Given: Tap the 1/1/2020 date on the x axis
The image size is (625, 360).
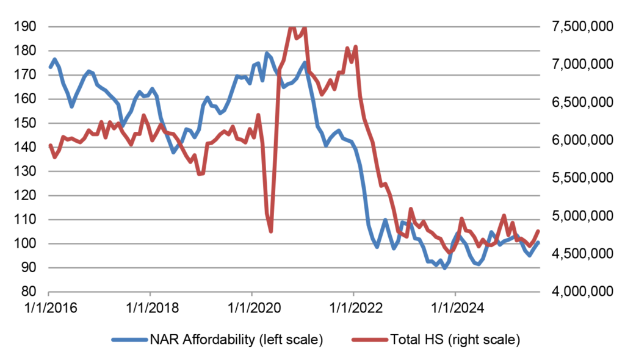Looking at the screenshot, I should tap(251, 306).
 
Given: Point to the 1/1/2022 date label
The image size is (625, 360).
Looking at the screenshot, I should tap(353, 306).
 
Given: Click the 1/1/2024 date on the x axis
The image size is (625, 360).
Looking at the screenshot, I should tap(455, 306).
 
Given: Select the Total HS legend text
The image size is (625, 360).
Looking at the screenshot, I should tap(452, 339).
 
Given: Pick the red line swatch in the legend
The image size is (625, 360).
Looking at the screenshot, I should tap(370, 339).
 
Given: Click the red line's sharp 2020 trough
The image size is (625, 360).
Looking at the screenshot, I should tap(270, 231).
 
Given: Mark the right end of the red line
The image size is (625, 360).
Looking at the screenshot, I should tap(538, 231).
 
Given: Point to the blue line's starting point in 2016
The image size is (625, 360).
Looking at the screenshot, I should tap(49, 67).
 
